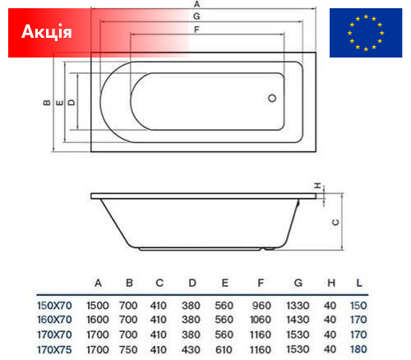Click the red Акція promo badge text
(47, 32)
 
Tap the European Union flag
(366, 33)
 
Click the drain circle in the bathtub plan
(272, 98)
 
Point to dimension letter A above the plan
(196, 4)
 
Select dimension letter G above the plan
(196, 16)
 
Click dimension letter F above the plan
(196, 30)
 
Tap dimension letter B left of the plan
(47, 103)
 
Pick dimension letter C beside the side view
(335, 222)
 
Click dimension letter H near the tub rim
(317, 186)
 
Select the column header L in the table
(359, 283)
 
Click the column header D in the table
(192, 283)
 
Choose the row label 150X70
(54, 306)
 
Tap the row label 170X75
(54, 349)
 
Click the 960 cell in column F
(261, 306)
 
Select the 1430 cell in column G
(298, 320)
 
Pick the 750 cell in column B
(128, 349)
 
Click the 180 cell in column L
(358, 349)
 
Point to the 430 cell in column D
(191, 349)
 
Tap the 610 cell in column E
(224, 349)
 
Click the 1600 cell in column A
(98, 320)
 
